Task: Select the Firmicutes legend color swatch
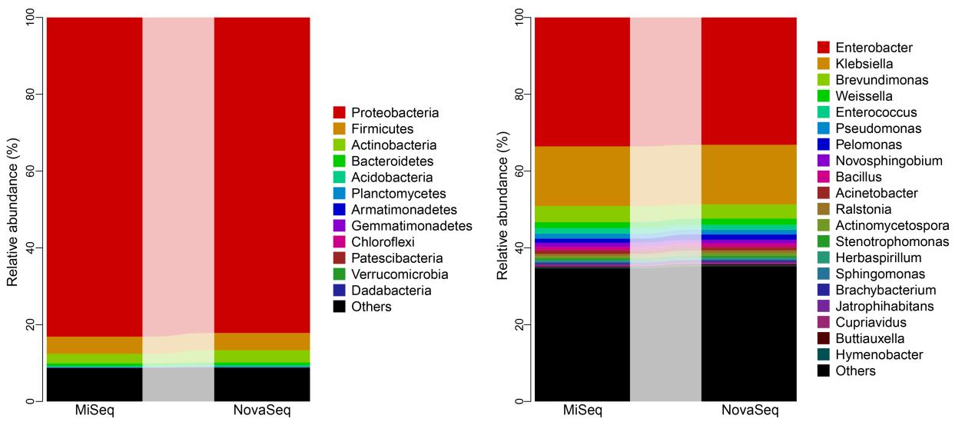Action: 339,129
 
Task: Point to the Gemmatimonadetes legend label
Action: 413,226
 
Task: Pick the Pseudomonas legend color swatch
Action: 823,128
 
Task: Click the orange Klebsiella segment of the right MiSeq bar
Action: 582,176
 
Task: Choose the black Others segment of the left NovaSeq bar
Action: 261,384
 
